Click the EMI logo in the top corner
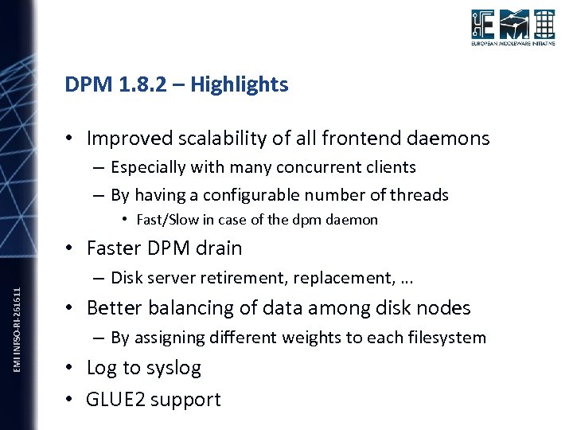512,29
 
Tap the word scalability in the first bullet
216,139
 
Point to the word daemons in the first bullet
450,139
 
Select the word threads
418,195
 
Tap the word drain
217,248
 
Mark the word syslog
173,368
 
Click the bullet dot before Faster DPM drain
71,249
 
